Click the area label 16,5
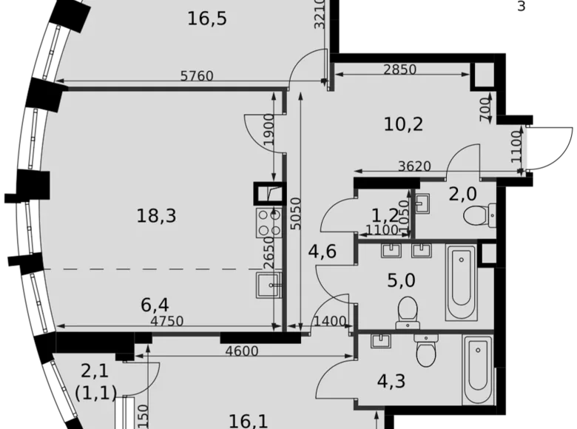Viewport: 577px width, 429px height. (x=206, y=18)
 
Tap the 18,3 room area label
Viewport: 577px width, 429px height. (x=156, y=216)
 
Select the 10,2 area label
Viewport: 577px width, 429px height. (x=403, y=124)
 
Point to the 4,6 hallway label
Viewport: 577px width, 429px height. (x=323, y=251)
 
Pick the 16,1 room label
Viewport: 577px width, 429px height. (x=248, y=421)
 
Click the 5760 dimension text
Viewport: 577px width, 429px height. (x=197, y=75)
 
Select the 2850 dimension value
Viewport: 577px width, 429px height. (x=399, y=70)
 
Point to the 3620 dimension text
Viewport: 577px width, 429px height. (x=414, y=166)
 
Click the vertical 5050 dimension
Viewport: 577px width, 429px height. (x=295, y=214)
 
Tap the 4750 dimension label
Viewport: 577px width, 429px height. (x=166, y=321)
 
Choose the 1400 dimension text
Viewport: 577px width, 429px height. (x=330, y=321)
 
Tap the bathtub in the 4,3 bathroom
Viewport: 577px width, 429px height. (x=477, y=369)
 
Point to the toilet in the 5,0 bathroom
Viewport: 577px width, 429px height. (x=407, y=311)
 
